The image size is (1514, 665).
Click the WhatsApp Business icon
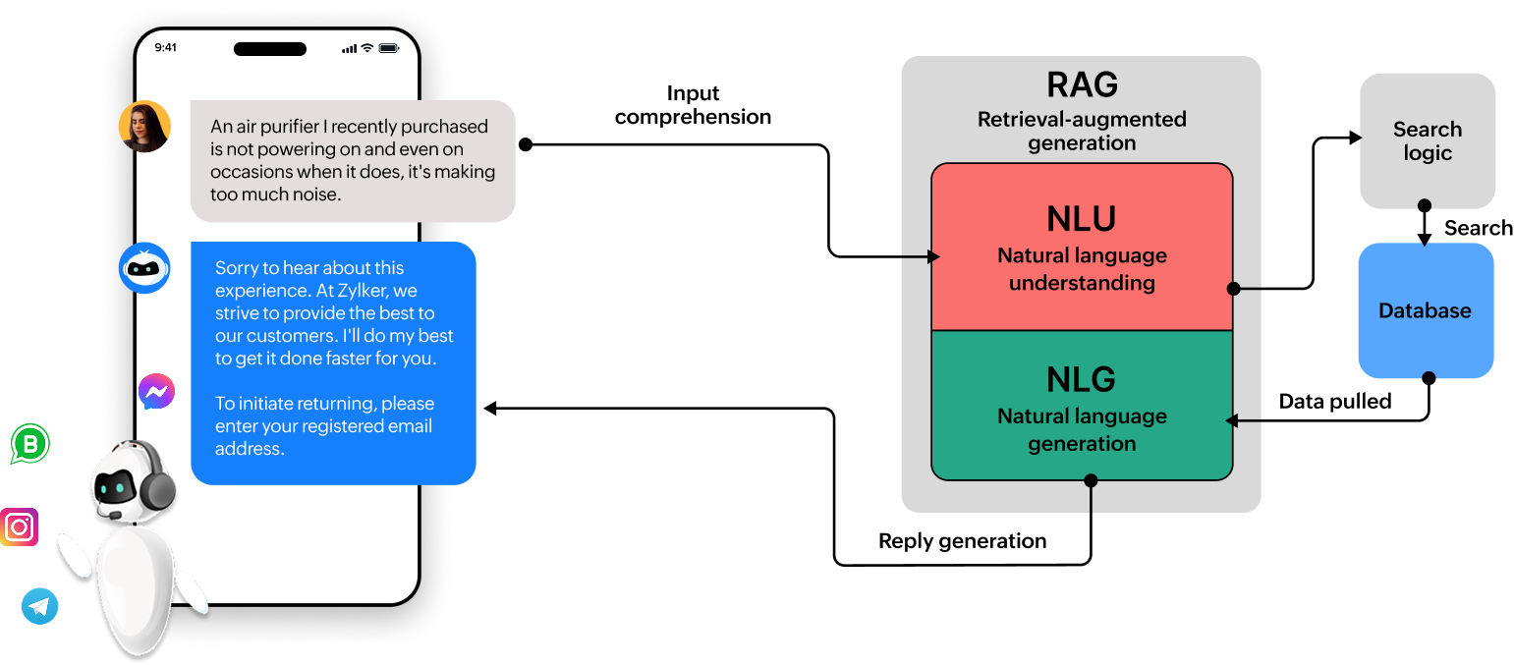29,444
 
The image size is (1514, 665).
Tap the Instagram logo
19,527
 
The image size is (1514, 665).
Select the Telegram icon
40,606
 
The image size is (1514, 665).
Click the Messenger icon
156,392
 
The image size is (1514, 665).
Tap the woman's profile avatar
144,127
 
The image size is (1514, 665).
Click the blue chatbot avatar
144,268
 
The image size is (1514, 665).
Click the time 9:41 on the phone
166,47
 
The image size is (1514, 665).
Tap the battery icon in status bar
389,48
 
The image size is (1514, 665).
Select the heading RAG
1082,85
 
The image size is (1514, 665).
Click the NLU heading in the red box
1082,218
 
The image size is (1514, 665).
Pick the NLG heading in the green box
1082,379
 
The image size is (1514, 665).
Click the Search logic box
1427,140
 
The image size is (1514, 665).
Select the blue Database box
1425,310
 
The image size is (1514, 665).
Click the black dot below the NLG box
1091,480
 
